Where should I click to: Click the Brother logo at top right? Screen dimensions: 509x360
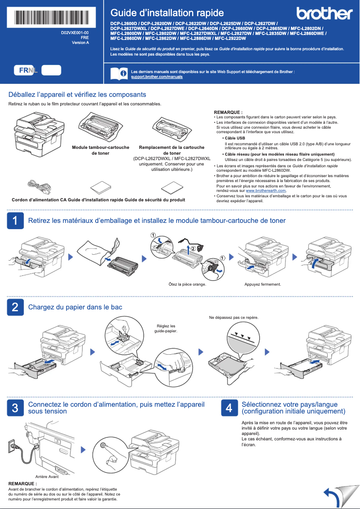point(324,14)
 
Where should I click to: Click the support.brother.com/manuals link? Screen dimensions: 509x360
point(157,77)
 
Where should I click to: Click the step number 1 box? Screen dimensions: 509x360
point(15,221)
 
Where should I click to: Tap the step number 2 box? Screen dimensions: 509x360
point(15,307)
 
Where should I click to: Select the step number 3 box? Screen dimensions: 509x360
point(15,408)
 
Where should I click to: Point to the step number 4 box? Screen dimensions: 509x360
point(229,408)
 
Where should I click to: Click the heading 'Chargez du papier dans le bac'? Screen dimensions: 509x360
point(75,307)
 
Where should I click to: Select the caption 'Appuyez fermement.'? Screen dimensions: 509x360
point(263,284)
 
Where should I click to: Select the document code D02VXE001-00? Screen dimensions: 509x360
point(75,33)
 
